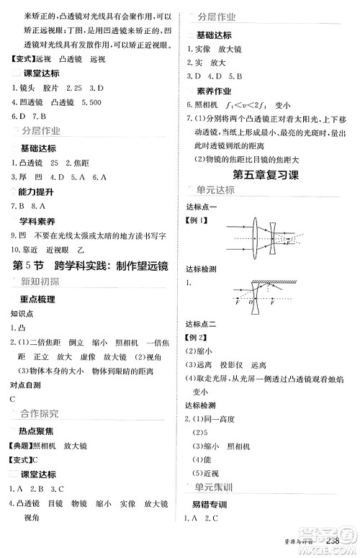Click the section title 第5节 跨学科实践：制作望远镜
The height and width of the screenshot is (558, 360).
point(91,264)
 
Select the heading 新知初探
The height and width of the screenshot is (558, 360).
point(39,282)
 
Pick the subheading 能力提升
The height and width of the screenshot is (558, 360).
point(38,194)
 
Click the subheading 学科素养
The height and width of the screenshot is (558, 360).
point(38,221)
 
